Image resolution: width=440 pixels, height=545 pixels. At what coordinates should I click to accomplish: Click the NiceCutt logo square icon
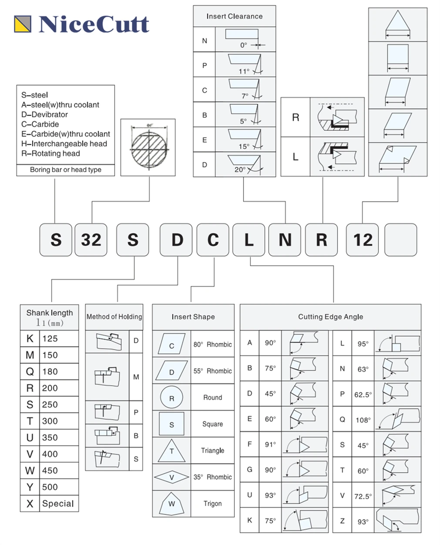(x=23, y=24)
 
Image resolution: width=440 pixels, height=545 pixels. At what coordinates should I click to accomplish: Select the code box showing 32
(x=91, y=240)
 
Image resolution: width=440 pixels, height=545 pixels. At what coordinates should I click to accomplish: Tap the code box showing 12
(x=363, y=240)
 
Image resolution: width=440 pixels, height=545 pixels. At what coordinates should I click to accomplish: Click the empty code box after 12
(x=400, y=240)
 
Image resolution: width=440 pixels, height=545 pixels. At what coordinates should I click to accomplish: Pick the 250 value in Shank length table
(x=50, y=405)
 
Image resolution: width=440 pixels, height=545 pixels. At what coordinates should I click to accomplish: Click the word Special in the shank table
(x=58, y=504)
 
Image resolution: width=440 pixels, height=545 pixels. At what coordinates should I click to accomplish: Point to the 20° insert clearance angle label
(x=240, y=170)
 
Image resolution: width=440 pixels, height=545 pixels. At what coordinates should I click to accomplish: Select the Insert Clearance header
(x=234, y=17)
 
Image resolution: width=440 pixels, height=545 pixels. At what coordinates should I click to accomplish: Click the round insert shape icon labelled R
(x=171, y=398)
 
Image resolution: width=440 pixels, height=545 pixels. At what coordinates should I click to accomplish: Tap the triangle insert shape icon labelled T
(x=171, y=450)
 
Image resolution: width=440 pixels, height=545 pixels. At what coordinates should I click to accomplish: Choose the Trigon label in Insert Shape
(x=212, y=504)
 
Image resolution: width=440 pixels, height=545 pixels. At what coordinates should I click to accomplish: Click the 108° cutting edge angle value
(x=363, y=420)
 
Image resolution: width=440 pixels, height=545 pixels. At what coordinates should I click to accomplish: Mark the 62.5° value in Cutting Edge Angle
(x=363, y=395)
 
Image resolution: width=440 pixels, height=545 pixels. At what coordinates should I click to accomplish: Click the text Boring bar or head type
(x=65, y=170)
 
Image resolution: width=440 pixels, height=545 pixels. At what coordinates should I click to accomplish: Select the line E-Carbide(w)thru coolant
(x=65, y=134)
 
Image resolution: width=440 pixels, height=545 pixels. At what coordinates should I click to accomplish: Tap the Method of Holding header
(x=114, y=317)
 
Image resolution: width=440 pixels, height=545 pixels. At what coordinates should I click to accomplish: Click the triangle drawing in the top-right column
(x=398, y=24)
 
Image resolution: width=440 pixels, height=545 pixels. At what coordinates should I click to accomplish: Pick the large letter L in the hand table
(x=296, y=157)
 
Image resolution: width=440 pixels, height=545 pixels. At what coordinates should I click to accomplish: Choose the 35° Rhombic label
(x=212, y=477)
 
